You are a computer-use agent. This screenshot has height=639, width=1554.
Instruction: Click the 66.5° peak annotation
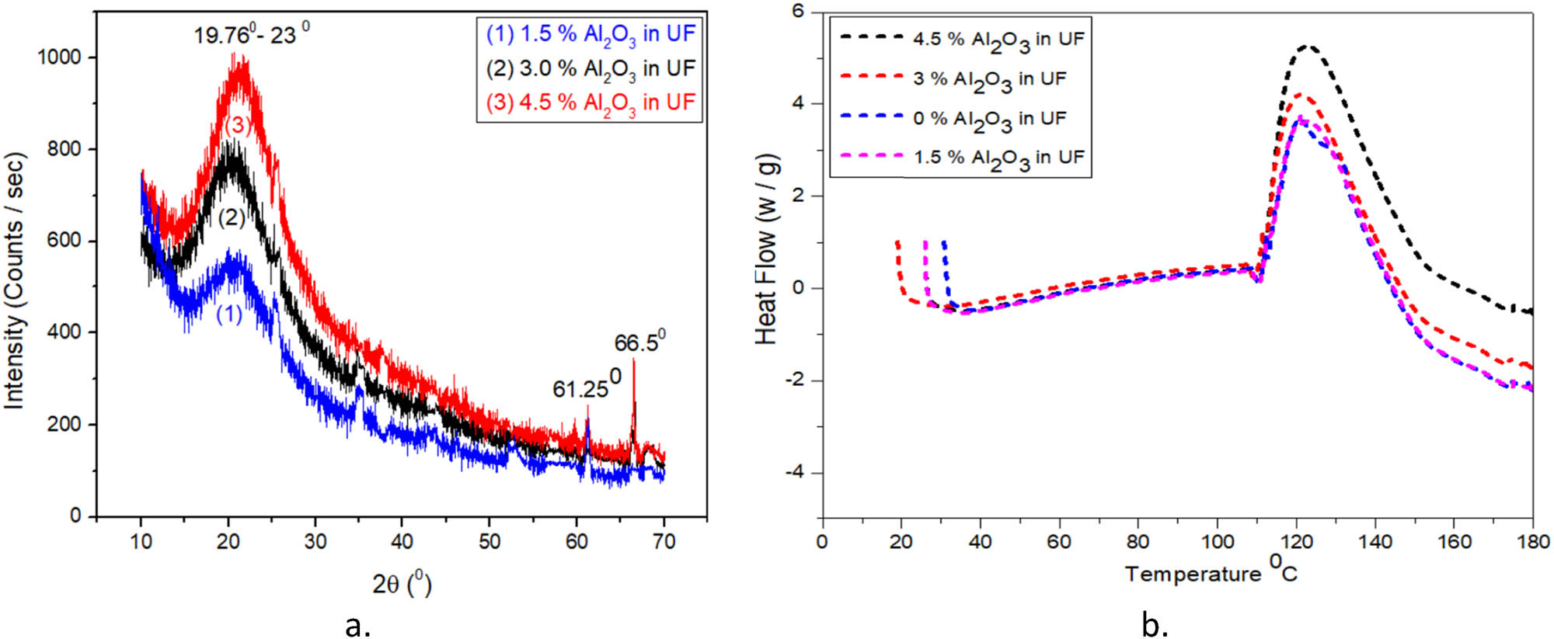pyautogui.click(x=639, y=342)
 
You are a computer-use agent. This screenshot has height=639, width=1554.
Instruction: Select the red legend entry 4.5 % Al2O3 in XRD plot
pyautogui.click(x=591, y=102)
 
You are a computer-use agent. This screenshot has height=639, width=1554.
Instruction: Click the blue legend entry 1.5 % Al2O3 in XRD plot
pyautogui.click(x=591, y=34)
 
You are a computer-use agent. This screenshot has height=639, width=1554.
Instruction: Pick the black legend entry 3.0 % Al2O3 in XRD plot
pyautogui.click(x=591, y=68)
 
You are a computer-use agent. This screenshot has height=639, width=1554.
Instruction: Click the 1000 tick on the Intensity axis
pyautogui.click(x=60, y=57)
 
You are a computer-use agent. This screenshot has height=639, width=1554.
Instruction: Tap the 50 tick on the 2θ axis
pyautogui.click(x=489, y=541)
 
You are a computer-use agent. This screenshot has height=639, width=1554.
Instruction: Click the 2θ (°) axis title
pyautogui.click(x=401, y=584)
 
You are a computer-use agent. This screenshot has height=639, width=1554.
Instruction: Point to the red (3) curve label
pyautogui.click(x=239, y=124)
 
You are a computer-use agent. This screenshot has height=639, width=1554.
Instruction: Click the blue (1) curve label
pyautogui.click(x=228, y=315)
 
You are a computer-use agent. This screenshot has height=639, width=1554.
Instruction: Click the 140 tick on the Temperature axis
pyautogui.click(x=1375, y=541)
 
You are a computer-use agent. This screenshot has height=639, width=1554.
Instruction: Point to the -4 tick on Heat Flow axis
pyautogui.click(x=800, y=473)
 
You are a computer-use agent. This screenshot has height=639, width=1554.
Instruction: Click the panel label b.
pyautogui.click(x=1155, y=624)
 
